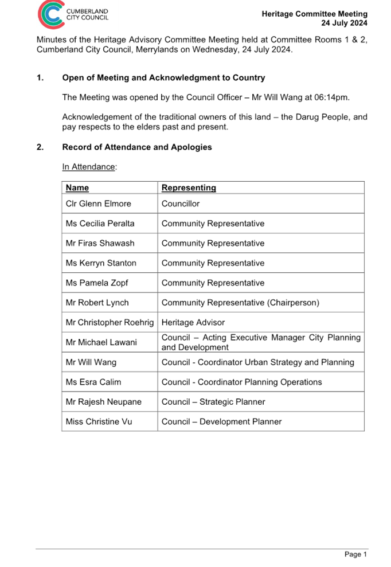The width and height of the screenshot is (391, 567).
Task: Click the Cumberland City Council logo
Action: point(77,15)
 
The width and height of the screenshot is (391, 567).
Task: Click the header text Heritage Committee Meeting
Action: point(314,14)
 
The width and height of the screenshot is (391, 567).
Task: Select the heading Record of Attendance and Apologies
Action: point(137,147)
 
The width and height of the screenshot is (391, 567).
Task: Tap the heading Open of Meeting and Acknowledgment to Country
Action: point(163,78)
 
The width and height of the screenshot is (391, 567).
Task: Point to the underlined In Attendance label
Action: point(89,167)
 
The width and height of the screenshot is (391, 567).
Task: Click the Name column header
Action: point(77,187)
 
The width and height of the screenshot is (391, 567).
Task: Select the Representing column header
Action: point(189,187)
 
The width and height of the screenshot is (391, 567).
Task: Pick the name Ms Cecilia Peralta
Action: point(100,224)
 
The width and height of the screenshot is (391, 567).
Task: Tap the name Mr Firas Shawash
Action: point(100,243)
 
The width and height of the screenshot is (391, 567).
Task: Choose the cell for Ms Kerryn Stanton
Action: point(101,263)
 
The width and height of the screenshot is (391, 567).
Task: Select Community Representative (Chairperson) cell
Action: point(240,303)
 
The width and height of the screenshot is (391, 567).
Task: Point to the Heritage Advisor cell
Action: point(193,323)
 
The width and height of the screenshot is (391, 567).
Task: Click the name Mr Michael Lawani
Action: point(101,342)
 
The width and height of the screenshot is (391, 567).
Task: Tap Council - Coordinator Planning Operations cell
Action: point(241,382)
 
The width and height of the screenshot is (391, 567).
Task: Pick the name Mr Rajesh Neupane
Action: point(104,402)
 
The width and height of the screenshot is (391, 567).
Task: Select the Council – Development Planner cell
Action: point(221,421)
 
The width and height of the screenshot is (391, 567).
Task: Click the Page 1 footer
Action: point(355,554)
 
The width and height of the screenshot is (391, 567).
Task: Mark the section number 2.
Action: point(40,147)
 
